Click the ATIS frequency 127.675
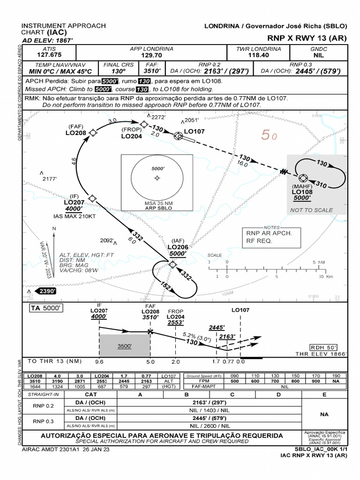[49, 55]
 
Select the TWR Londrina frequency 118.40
[259, 55]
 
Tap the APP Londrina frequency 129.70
[151, 55]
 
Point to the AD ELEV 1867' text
[44, 40]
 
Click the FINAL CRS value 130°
[118, 71]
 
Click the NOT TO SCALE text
[311, 210]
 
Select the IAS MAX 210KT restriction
[75, 217]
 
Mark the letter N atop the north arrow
[54, 228]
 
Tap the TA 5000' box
[46, 308]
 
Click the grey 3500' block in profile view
[124, 346]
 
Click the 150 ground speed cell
[295, 376]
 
